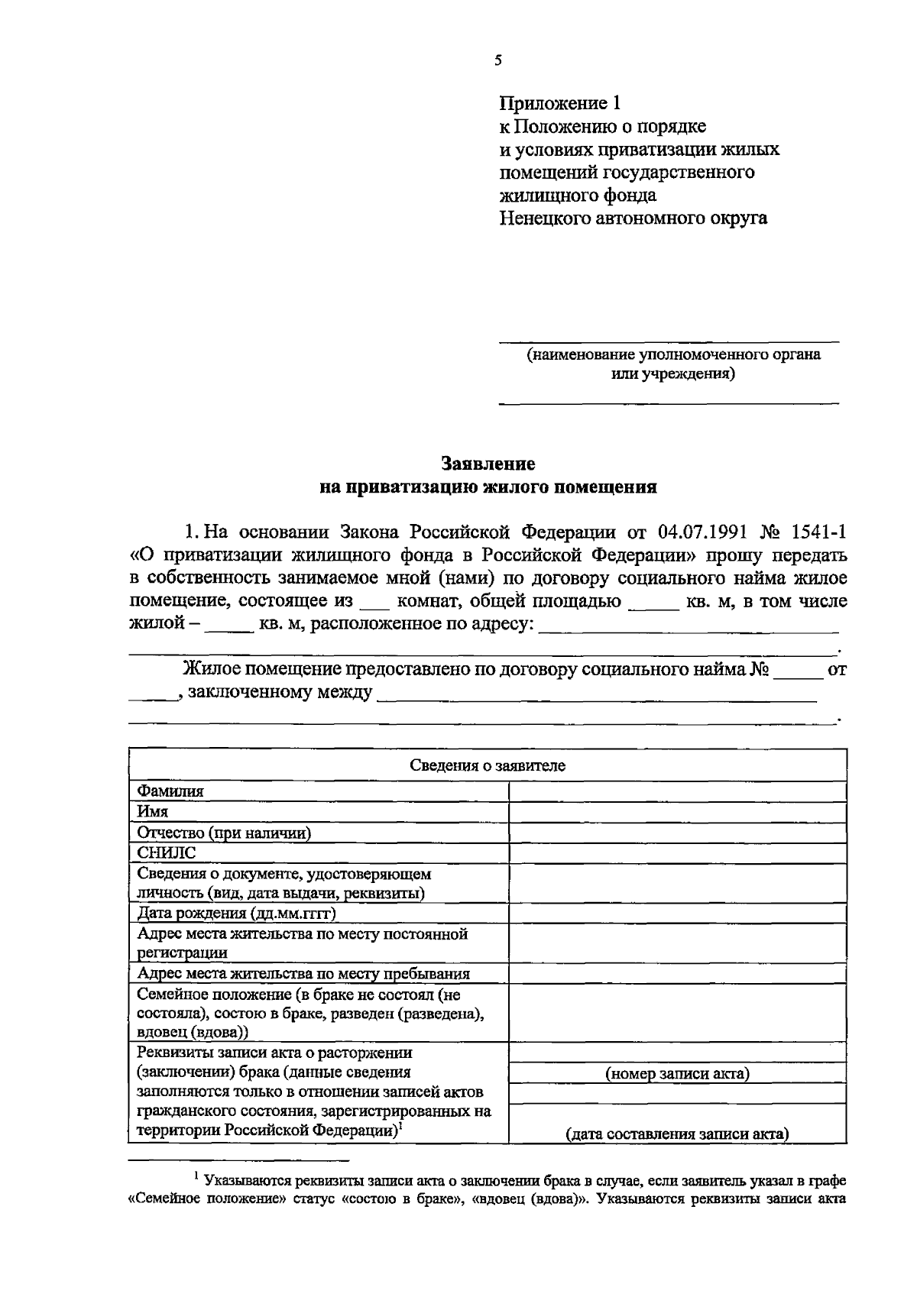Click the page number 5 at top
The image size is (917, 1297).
[497, 61]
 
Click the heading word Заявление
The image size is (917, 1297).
[488, 464]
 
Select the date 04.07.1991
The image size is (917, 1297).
[700, 531]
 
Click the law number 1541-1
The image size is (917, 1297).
[820, 531]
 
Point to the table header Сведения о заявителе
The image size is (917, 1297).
[488, 765]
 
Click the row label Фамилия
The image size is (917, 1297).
[170, 791]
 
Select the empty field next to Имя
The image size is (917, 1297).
[677, 812]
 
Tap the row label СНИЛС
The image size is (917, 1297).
[166, 853]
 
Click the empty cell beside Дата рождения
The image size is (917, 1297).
[677, 914]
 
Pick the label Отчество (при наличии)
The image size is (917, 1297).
[224, 833]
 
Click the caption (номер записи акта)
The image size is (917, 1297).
[677, 1073]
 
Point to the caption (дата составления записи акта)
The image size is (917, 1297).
[677, 1134]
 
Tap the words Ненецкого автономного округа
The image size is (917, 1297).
[633, 218]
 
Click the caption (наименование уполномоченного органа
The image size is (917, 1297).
[672, 354]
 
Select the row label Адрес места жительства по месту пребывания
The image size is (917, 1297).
[303, 973]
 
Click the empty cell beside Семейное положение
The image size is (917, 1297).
[677, 1013]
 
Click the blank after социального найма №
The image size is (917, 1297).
[799, 672]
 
